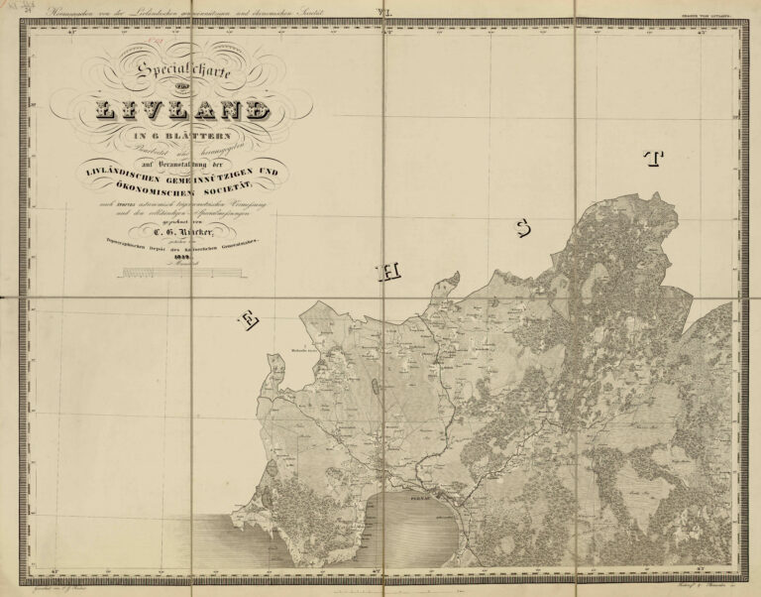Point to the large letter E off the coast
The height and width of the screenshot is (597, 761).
coord(248,319)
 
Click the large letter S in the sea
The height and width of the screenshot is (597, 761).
coord(523,230)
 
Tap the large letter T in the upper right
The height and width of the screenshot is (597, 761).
coord(651,160)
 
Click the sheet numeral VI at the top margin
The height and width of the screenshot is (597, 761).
coord(382,11)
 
